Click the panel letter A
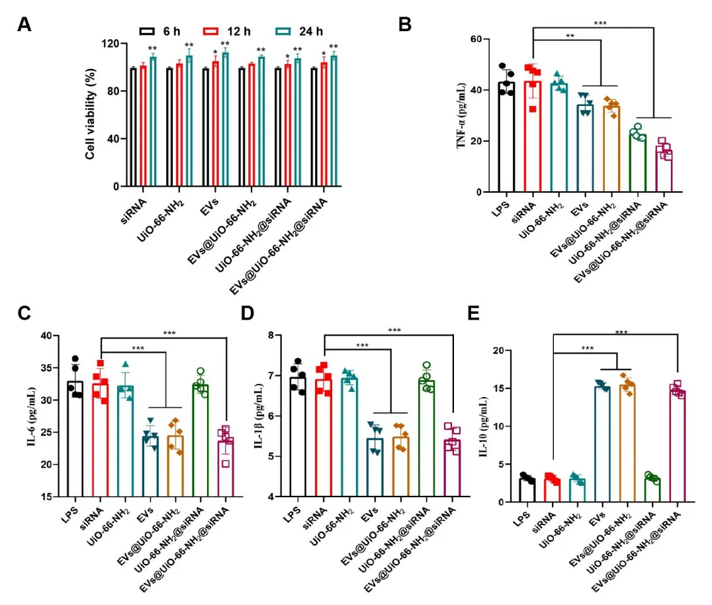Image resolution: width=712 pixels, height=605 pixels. pyautogui.click(x=24, y=24)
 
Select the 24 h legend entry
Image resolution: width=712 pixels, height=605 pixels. pyautogui.click(x=298, y=31)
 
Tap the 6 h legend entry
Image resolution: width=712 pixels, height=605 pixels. pyautogui.click(x=159, y=31)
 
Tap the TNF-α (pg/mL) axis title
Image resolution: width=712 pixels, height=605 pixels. pyautogui.click(x=461, y=116)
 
